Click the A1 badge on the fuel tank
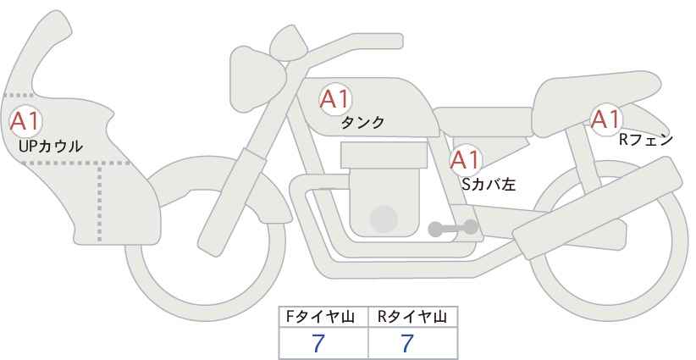[335, 99]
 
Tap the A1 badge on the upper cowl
[25, 121]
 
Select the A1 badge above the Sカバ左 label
[466, 160]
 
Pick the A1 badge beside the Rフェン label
[605, 119]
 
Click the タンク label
[362, 123]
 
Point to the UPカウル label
[51, 146]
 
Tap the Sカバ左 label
[489, 184]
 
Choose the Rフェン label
[646, 141]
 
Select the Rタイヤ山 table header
[412, 317]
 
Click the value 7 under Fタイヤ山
[318, 343]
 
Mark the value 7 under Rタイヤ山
[407, 343]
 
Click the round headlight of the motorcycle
[257, 79]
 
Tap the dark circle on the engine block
[384, 219]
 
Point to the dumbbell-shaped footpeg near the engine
[453, 228]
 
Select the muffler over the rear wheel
[598, 209]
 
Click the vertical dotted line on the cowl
[100, 202]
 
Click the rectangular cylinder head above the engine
[384, 155]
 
